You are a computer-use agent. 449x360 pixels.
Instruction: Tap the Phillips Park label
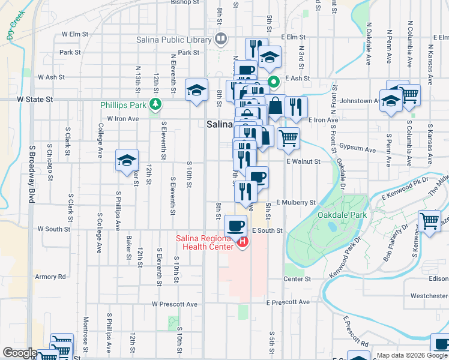[124, 104]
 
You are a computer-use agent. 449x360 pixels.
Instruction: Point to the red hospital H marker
[243, 242]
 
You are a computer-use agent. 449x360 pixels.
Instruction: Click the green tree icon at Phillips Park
[156, 104]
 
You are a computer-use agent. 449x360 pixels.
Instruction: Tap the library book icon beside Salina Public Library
[220, 40]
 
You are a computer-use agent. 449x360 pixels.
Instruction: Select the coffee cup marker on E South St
[236, 226]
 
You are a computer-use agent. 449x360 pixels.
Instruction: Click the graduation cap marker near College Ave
[127, 160]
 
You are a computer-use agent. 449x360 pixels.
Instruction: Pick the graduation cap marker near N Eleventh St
[196, 91]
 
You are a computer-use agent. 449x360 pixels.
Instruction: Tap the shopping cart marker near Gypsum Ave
[288, 138]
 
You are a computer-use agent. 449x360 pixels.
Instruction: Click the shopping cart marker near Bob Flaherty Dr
[430, 220]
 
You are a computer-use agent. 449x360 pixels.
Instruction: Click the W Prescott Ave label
[175, 304]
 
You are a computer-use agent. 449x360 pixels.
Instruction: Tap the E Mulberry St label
[296, 203]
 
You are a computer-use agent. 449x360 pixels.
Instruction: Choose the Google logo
[20, 353]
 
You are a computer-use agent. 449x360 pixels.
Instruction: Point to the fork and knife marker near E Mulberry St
[246, 191]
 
